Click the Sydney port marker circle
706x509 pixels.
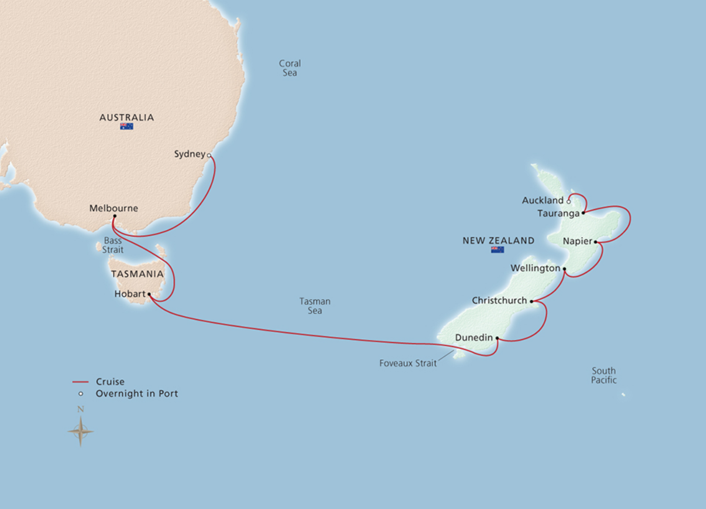[209, 156]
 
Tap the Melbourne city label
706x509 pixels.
[113, 208]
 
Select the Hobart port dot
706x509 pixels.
[149, 294]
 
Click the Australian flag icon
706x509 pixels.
[126, 126]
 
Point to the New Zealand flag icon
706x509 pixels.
[497, 250]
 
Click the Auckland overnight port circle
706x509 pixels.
[568, 202]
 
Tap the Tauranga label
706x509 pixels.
[558, 213]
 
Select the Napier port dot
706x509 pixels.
[596, 242]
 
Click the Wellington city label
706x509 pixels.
[535, 268]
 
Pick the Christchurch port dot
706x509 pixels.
[532, 301]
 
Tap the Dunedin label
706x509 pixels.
[473, 338]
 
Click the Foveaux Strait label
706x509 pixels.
[408, 363]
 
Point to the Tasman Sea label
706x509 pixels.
[315, 306]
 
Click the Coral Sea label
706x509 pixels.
[290, 68]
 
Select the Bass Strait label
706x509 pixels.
[113, 245]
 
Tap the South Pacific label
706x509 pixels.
[604, 375]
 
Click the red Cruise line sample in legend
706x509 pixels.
[80, 382]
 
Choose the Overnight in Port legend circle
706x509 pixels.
[81, 394]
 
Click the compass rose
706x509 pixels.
[80, 431]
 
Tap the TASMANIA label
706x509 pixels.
[137, 274]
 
